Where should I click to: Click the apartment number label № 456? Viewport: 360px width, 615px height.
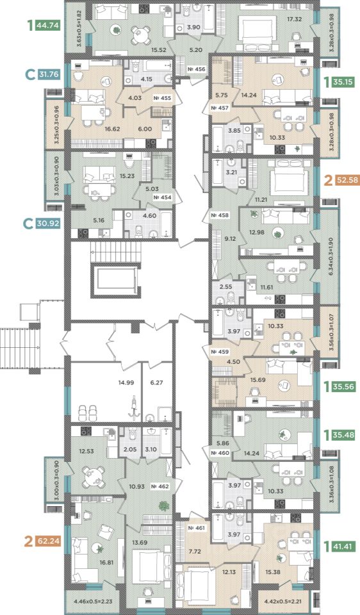click(197, 69)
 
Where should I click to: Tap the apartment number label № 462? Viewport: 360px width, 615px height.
click(160, 487)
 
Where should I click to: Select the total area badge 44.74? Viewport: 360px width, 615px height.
click(47, 26)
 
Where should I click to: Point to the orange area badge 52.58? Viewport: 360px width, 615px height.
click(347, 180)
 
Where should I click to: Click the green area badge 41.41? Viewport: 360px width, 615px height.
click(343, 546)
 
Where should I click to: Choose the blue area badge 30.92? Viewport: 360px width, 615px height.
click(47, 224)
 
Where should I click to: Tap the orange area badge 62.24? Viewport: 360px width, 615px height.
click(47, 542)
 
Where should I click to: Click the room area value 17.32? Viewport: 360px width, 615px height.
click(294, 19)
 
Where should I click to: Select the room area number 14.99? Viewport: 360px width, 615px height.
click(126, 383)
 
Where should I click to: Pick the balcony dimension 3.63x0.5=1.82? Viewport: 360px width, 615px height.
click(79, 29)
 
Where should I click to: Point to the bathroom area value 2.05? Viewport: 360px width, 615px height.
click(130, 450)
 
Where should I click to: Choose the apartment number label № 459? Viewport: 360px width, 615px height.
click(220, 352)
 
